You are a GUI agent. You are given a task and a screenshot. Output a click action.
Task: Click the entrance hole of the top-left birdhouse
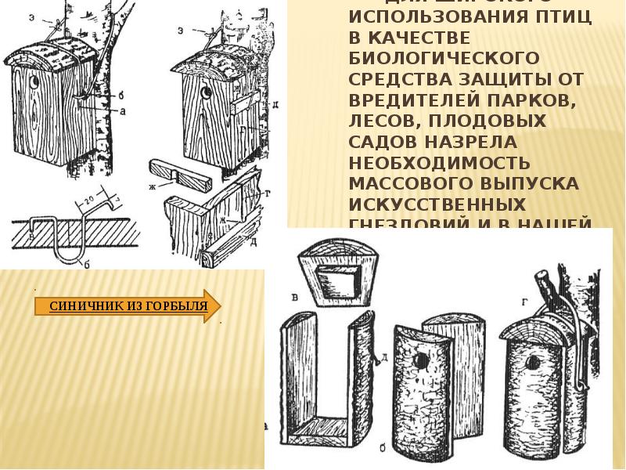(34, 80)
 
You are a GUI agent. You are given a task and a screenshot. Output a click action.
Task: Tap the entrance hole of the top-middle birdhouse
(206, 93)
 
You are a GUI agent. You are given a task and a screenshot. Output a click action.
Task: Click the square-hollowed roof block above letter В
(333, 272)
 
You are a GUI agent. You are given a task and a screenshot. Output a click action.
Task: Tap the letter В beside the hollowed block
(293, 297)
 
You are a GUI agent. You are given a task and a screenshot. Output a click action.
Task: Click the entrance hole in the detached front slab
(421, 360)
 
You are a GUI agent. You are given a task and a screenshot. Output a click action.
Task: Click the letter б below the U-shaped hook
(88, 266)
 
